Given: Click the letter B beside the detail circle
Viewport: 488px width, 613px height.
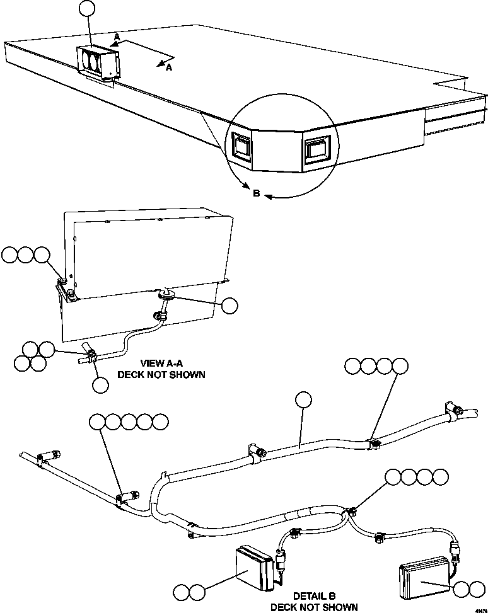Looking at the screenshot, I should [x=256, y=193].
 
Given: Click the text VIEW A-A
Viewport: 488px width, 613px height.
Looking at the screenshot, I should [x=162, y=364].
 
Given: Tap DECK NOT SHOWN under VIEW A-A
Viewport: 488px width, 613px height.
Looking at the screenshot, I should [x=162, y=374].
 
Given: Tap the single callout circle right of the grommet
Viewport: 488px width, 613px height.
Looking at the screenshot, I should [x=230, y=306].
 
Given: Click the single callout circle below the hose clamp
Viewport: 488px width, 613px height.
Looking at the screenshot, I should [x=100, y=385].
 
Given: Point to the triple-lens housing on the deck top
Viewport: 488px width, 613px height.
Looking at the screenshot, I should [x=99, y=63].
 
